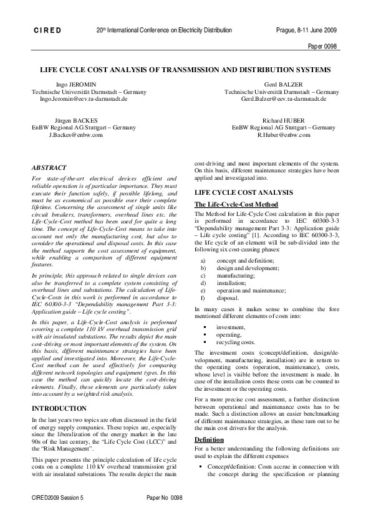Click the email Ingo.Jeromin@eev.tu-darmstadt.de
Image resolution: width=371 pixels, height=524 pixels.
84,98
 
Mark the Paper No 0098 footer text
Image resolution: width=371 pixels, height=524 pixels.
164,515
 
